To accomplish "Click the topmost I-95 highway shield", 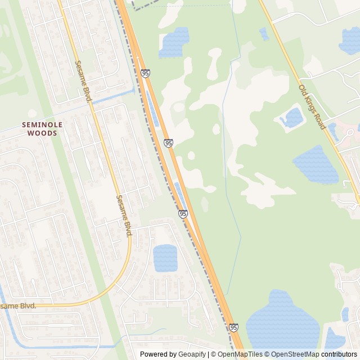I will (146, 73).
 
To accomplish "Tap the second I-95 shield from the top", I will (169, 143).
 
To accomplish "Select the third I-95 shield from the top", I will (183, 214).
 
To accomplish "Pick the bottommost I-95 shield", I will (233, 327).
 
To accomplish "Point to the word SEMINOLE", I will (42, 124).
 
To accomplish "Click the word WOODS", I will (42, 133).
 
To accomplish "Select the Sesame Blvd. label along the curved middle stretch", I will (124, 215).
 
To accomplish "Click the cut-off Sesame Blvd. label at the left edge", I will (18, 306).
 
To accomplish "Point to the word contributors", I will (339, 354).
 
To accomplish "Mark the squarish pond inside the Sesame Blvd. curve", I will (165, 258).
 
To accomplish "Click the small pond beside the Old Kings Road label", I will (292, 118).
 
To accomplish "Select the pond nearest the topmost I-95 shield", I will (174, 43).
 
